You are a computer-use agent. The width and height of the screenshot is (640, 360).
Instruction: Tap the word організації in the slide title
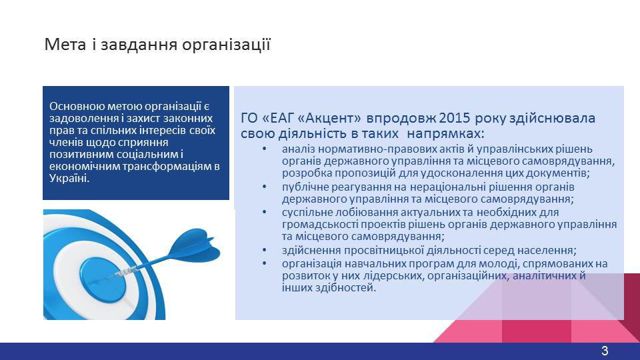coord(226,45)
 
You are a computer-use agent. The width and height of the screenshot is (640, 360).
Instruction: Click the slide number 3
coord(605,351)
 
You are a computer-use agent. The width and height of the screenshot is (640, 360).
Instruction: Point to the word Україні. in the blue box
coord(69,179)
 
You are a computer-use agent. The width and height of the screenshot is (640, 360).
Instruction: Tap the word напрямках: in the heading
coord(446,134)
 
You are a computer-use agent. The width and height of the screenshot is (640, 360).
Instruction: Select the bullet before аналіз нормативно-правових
coord(265,149)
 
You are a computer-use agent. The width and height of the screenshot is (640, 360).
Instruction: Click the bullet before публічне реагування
coord(265,187)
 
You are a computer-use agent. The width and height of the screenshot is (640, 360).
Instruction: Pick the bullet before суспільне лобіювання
coord(265,212)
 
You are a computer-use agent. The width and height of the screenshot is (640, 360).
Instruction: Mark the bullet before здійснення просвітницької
coord(265,250)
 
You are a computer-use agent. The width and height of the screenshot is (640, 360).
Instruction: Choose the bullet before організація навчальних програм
coord(265,264)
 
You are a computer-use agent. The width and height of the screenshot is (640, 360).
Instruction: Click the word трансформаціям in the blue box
coord(167,166)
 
